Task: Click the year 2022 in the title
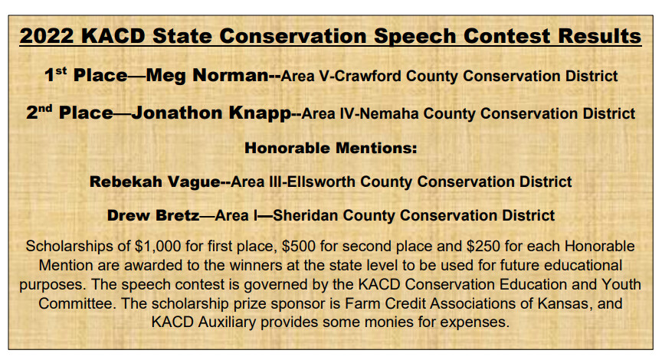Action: coord(47,36)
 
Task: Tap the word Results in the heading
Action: coord(600,36)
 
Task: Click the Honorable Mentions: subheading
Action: coord(330,148)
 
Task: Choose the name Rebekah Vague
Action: coord(155,182)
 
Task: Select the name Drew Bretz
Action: coord(153,215)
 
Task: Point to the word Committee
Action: coord(77,303)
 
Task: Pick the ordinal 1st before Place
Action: coord(56,75)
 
